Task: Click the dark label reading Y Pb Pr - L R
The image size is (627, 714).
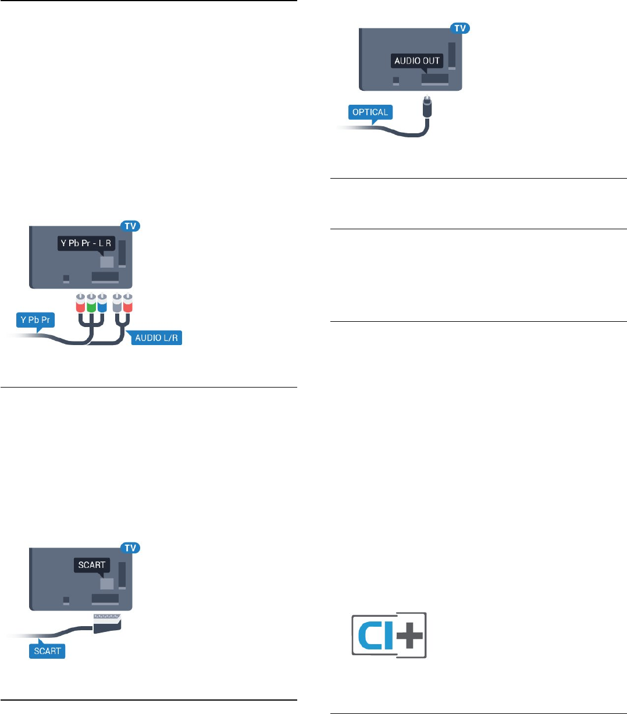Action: click(x=86, y=243)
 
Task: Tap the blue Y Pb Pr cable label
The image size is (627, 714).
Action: click(x=35, y=320)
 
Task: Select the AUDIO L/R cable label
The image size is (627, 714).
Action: click(x=156, y=338)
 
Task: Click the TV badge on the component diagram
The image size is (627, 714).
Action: click(x=130, y=226)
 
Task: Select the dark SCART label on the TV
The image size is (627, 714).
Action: click(x=92, y=564)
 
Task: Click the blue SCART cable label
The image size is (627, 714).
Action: click(x=47, y=651)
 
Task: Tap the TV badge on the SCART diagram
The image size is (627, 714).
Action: click(x=130, y=548)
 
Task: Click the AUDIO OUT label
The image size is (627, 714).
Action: click(x=417, y=61)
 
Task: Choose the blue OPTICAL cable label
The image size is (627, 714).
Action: click(x=370, y=112)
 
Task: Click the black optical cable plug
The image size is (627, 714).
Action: click(x=427, y=107)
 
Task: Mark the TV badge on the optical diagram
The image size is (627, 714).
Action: click(x=460, y=27)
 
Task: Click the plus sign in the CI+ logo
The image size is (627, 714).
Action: click(x=411, y=634)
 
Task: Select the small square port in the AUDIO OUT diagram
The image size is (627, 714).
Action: click(x=396, y=80)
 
